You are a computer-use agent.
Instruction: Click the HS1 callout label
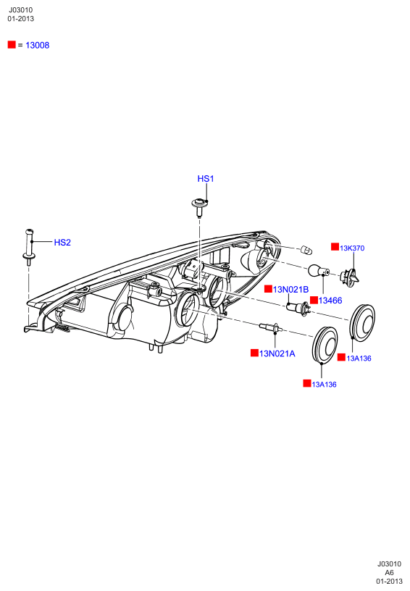[206, 179]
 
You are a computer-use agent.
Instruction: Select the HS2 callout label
[62, 243]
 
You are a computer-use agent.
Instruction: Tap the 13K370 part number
[352, 248]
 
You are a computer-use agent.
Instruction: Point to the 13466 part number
[330, 301]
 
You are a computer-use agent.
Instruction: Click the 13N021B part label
[290, 290]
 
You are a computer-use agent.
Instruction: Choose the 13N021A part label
[277, 353]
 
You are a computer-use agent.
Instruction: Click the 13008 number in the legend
[38, 45]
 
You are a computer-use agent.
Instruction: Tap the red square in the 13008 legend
[12, 44]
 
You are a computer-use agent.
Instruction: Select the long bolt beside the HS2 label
[29, 246]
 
